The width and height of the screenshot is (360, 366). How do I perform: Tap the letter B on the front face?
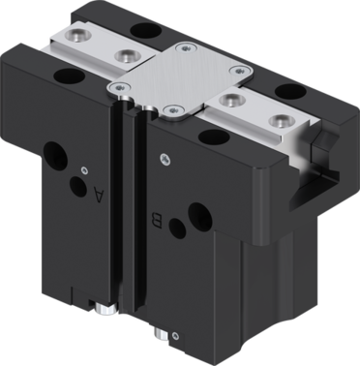tap(157, 221)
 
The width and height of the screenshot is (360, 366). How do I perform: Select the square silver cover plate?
tap(180, 80)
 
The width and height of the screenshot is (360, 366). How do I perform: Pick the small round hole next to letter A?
tap(78, 187)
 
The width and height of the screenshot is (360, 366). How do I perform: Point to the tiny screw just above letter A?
tap(84, 170)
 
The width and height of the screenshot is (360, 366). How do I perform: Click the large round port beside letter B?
tap(200, 215)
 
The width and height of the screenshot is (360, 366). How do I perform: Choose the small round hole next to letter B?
tap(177, 229)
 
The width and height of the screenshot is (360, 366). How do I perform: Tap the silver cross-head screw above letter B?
tap(165, 159)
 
